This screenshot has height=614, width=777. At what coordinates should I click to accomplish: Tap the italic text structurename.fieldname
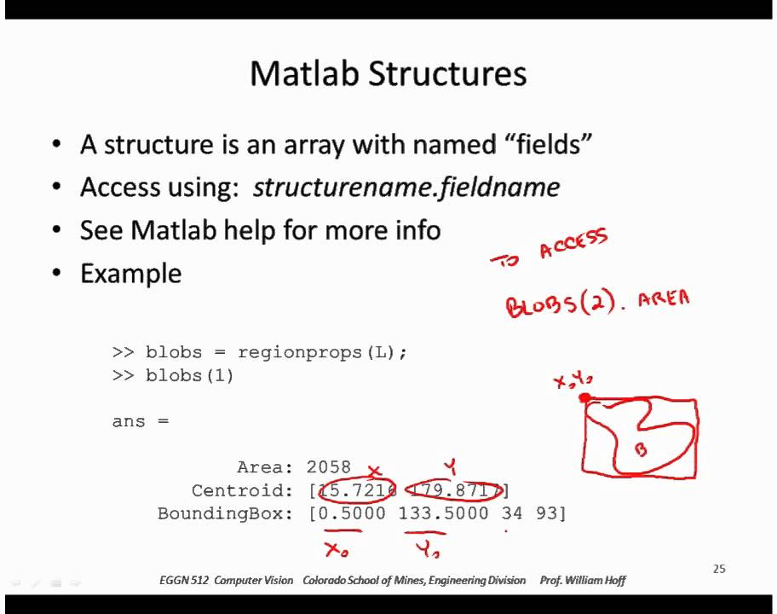tap(406, 188)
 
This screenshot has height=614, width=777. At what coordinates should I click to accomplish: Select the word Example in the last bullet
tap(130, 274)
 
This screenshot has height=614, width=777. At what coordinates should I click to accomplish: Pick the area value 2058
tap(328, 466)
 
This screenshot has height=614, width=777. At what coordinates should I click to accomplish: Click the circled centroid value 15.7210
tap(357, 490)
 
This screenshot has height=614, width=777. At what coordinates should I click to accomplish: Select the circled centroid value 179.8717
tap(454, 490)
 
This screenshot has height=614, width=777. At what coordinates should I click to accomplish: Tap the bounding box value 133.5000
tap(443, 513)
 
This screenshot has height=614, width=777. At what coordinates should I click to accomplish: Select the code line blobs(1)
tap(189, 375)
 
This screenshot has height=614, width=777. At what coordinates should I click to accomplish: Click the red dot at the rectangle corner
tap(585, 397)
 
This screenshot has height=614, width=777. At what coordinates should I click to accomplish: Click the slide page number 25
tap(718, 569)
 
